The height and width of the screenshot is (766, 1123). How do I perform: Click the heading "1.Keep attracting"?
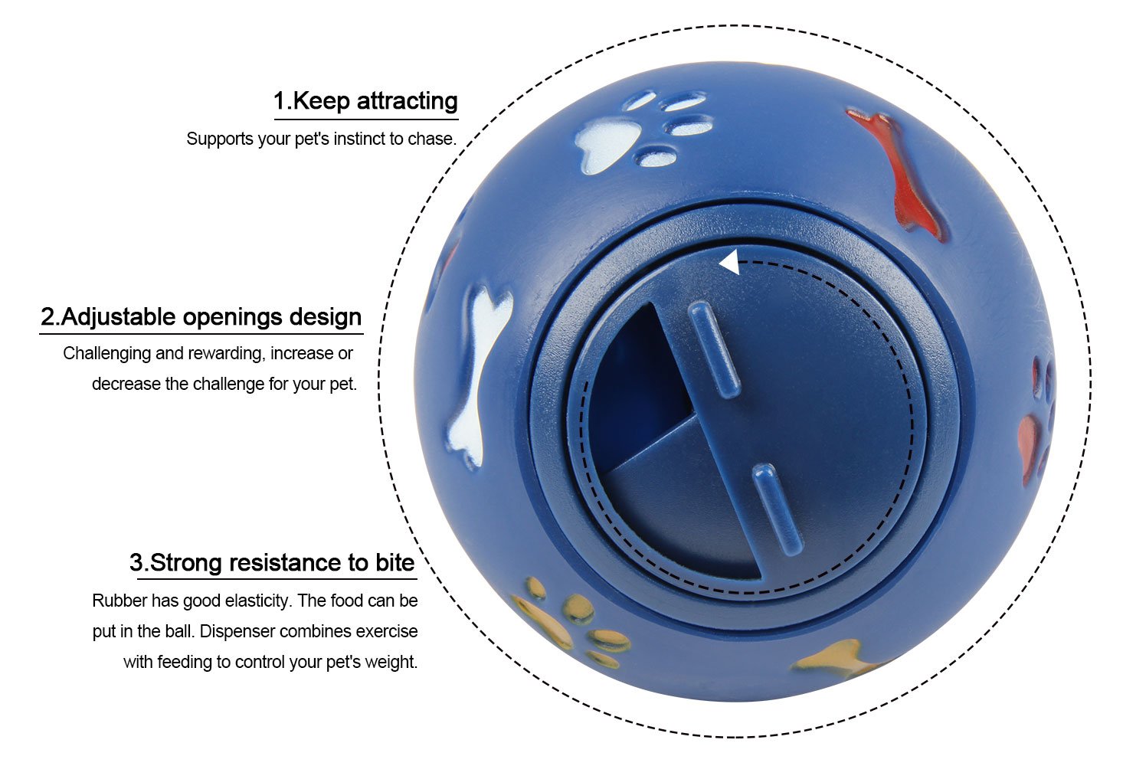[365, 100]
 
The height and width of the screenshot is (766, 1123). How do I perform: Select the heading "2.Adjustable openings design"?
[201, 316]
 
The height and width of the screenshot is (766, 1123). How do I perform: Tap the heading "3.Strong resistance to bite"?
[272, 562]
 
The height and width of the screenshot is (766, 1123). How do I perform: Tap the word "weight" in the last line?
[395, 662]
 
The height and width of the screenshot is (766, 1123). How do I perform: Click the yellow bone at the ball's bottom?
[835, 660]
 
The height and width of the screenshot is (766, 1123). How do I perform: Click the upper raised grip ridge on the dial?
[714, 349]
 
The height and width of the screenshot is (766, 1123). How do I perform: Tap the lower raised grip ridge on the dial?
[777, 509]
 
